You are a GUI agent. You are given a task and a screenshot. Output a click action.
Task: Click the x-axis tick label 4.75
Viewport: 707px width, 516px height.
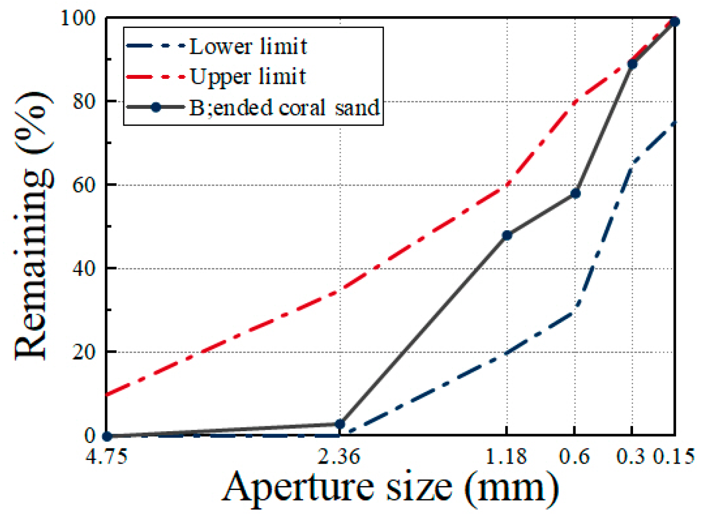tap(106, 457)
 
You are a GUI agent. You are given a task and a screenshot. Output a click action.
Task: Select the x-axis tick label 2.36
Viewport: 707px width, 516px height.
tap(339, 457)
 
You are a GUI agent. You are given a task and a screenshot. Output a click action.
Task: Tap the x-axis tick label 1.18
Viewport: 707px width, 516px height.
tap(506, 457)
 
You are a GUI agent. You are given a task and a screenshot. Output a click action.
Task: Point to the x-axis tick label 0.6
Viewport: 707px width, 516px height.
tap(574, 457)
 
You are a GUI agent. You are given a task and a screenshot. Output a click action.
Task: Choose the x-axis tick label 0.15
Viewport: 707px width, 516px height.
tap(674, 457)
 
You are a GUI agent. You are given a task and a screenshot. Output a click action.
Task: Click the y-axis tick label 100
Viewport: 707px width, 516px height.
tap(78, 18)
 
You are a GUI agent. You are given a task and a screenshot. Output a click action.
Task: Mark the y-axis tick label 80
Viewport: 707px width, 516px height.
tap(84, 101)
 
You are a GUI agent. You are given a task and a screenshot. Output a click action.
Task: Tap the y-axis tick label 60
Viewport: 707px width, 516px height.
tap(84, 185)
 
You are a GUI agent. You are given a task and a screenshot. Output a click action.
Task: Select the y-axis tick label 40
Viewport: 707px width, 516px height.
tap(84, 269)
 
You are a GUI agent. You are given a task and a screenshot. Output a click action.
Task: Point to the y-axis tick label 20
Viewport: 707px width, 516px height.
tap(84, 352)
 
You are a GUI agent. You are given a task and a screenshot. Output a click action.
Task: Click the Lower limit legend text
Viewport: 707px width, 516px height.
tap(248, 47)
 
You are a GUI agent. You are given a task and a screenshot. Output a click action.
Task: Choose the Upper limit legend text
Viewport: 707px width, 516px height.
tap(248, 77)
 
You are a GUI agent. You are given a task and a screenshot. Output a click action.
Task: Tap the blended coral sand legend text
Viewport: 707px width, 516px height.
tap(284, 108)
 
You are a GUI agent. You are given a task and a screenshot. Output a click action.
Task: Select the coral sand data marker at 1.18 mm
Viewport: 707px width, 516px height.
tap(507, 235)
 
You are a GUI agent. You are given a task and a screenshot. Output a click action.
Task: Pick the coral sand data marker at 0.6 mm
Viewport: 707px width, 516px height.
tap(575, 194)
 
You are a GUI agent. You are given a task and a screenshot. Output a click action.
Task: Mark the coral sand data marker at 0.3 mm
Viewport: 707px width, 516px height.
tap(632, 64)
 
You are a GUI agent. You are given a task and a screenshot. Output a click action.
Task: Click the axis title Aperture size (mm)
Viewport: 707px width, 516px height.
tap(390, 488)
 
